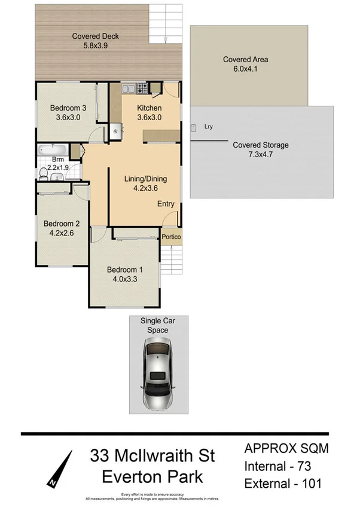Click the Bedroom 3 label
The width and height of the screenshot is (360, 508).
[x=67, y=108]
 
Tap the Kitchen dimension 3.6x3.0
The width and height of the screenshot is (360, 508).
[x=149, y=117]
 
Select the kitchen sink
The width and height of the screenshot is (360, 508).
[x=129, y=90]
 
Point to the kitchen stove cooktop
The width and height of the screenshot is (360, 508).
[x=143, y=90]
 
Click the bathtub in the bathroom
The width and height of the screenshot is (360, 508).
[x=53, y=149]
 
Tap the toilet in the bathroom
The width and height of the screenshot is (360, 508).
[x=44, y=173]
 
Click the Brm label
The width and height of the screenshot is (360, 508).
[x=58, y=160]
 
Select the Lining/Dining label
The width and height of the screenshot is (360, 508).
[x=145, y=179]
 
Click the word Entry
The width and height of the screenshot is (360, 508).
[x=166, y=204]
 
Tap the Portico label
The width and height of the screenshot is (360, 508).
[x=171, y=237]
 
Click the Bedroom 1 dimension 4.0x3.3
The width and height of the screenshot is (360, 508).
[x=124, y=279]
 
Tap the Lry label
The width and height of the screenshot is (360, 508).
[x=209, y=127]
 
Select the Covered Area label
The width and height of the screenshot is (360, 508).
[x=245, y=59]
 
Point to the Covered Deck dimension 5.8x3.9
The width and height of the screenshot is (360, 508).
[x=96, y=45]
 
